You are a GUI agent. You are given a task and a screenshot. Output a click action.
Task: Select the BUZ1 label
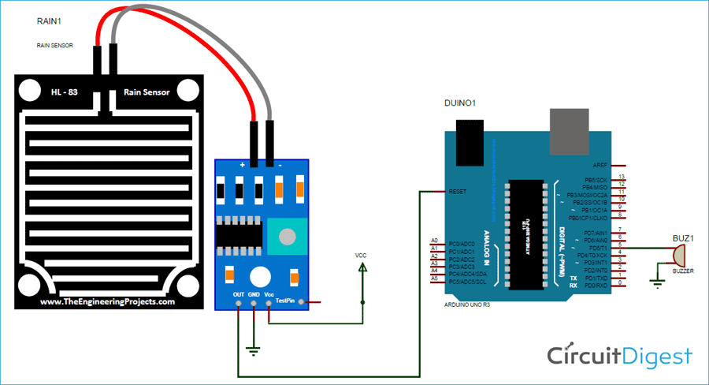[x=682, y=237]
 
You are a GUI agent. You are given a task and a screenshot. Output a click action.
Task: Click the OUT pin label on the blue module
[x=237, y=294]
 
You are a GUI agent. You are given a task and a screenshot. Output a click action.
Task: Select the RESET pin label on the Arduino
[x=458, y=191]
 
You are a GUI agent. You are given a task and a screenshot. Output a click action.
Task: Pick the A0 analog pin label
[x=433, y=240]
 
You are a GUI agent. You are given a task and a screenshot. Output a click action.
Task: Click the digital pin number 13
[x=622, y=177]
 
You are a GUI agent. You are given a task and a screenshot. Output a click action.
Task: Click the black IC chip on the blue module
[x=236, y=234]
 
